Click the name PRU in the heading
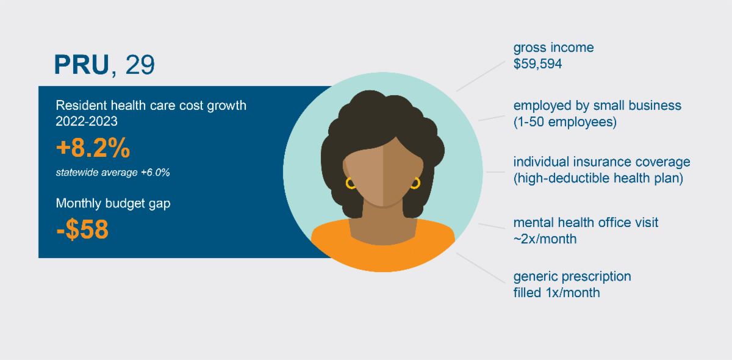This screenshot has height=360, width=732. (x=81, y=65)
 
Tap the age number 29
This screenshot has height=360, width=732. (x=140, y=65)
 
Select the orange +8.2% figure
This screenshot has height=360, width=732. (x=93, y=148)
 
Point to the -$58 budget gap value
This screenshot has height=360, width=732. (x=82, y=229)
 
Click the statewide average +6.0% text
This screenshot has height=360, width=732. (x=113, y=172)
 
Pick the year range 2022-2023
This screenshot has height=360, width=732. (x=87, y=121)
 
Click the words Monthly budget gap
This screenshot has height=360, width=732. (x=113, y=203)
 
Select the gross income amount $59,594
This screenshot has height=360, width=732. (x=537, y=63)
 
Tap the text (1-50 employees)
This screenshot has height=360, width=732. (x=565, y=122)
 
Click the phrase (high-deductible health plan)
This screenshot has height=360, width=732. (x=598, y=178)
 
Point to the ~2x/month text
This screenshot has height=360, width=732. (x=545, y=239)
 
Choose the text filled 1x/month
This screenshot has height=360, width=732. (x=556, y=293)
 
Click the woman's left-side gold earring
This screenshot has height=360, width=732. (x=350, y=184)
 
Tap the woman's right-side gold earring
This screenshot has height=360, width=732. (x=415, y=184)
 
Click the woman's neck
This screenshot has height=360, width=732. (x=383, y=226)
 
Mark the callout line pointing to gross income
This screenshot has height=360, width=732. (x=481, y=76)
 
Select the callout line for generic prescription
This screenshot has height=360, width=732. (x=481, y=268)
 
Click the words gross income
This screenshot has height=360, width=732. (x=554, y=48)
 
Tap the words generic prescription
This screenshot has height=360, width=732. (x=572, y=277)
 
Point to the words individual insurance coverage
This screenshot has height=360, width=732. (x=601, y=162)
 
